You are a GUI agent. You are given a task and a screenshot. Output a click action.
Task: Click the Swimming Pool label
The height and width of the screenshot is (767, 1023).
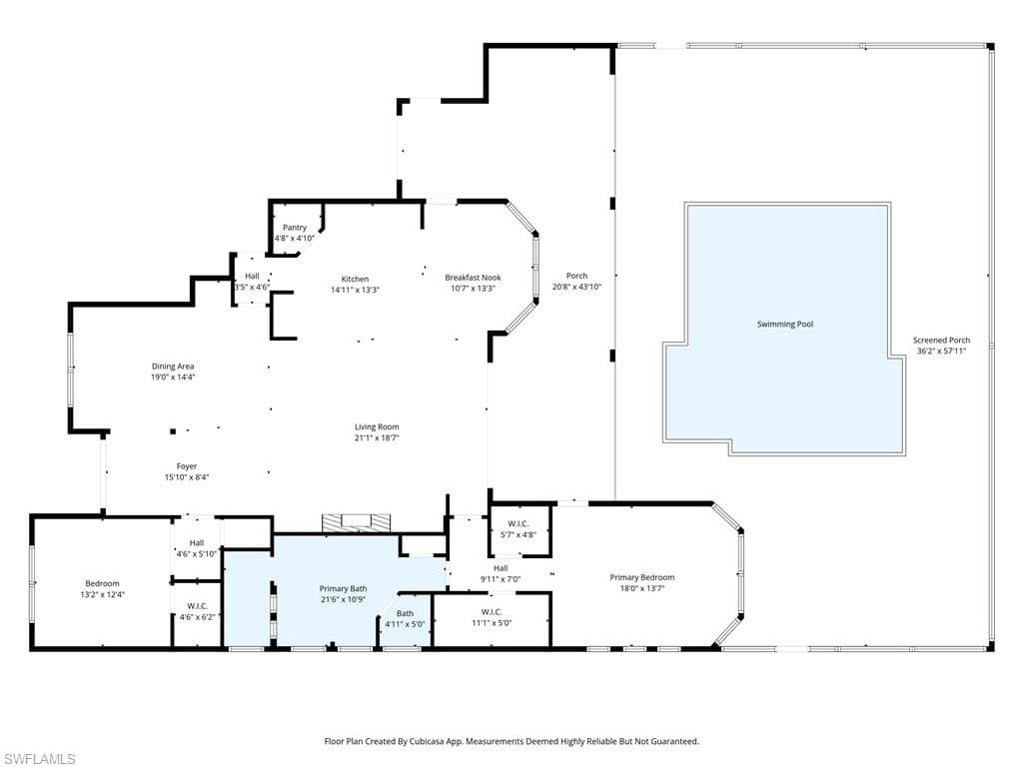[x=785, y=324]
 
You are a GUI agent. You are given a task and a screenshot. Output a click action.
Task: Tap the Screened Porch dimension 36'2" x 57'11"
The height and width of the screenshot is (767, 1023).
[x=941, y=351]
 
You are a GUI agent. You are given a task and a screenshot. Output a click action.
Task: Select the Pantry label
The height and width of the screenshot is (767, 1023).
[x=295, y=228]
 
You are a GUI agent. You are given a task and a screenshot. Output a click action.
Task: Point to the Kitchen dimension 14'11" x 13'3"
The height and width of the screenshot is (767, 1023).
[x=355, y=290]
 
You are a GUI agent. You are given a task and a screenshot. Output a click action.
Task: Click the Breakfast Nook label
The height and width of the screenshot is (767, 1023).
[x=474, y=278]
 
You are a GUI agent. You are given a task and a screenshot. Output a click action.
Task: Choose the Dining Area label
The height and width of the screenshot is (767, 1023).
[x=173, y=367]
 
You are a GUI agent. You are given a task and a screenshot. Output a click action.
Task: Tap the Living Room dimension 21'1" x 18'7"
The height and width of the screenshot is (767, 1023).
[x=377, y=437]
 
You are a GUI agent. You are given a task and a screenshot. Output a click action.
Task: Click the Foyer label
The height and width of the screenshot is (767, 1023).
[x=187, y=466]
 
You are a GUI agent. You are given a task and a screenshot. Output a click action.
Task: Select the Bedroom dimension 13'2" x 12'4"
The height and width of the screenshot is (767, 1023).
[x=102, y=594]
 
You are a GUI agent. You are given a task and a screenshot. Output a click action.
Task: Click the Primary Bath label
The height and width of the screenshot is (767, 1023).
[x=344, y=589]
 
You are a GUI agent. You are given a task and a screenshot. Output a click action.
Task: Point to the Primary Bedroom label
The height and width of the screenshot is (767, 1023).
[x=642, y=577]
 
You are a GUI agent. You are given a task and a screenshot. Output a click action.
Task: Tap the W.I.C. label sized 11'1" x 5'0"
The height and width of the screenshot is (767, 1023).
[x=492, y=612]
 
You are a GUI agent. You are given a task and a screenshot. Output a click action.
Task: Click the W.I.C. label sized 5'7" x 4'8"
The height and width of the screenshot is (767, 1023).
[x=517, y=523]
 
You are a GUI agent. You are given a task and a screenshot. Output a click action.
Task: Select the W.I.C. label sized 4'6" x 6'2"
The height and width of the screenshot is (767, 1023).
[x=197, y=605]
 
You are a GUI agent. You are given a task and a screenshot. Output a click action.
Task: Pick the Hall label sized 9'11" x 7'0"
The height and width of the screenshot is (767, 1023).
[x=501, y=568]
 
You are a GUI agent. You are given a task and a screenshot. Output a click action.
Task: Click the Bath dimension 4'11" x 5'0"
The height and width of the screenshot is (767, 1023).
[x=405, y=624]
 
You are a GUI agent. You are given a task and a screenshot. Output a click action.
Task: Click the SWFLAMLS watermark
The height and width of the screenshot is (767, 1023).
[x=38, y=759]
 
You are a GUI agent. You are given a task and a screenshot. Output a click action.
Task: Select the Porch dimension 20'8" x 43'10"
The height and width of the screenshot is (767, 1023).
[x=576, y=287]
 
